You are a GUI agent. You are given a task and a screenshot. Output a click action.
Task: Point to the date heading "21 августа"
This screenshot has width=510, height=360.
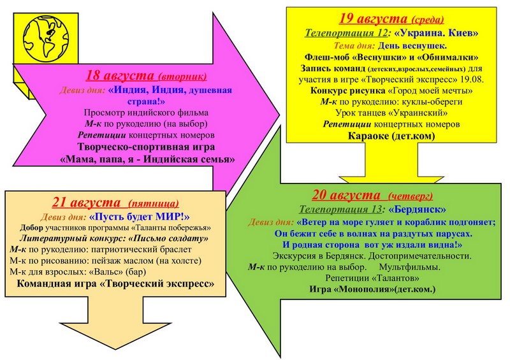87,202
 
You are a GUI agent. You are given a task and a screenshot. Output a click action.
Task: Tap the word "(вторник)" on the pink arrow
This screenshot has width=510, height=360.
182,77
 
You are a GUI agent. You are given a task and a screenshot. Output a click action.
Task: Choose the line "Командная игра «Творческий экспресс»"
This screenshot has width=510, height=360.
115,284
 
